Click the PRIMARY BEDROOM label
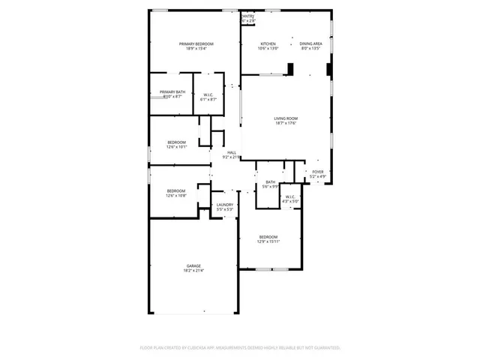(x=196, y=44)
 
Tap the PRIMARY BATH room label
(x=171, y=92)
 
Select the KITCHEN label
(x=268, y=44)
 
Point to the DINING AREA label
(x=310, y=44)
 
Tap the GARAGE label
(x=193, y=266)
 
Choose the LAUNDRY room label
(x=225, y=205)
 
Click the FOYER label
(x=318, y=172)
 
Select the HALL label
(x=232, y=152)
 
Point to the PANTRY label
(x=248, y=16)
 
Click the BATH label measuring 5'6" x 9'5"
(x=270, y=182)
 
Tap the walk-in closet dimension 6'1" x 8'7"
(x=208, y=99)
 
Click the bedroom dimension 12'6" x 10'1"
(x=176, y=147)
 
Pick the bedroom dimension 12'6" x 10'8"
(x=176, y=196)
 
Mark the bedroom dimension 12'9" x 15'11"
(x=268, y=241)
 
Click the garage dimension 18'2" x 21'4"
(x=193, y=271)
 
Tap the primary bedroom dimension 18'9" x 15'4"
(x=196, y=49)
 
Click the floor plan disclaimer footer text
(x=240, y=348)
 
